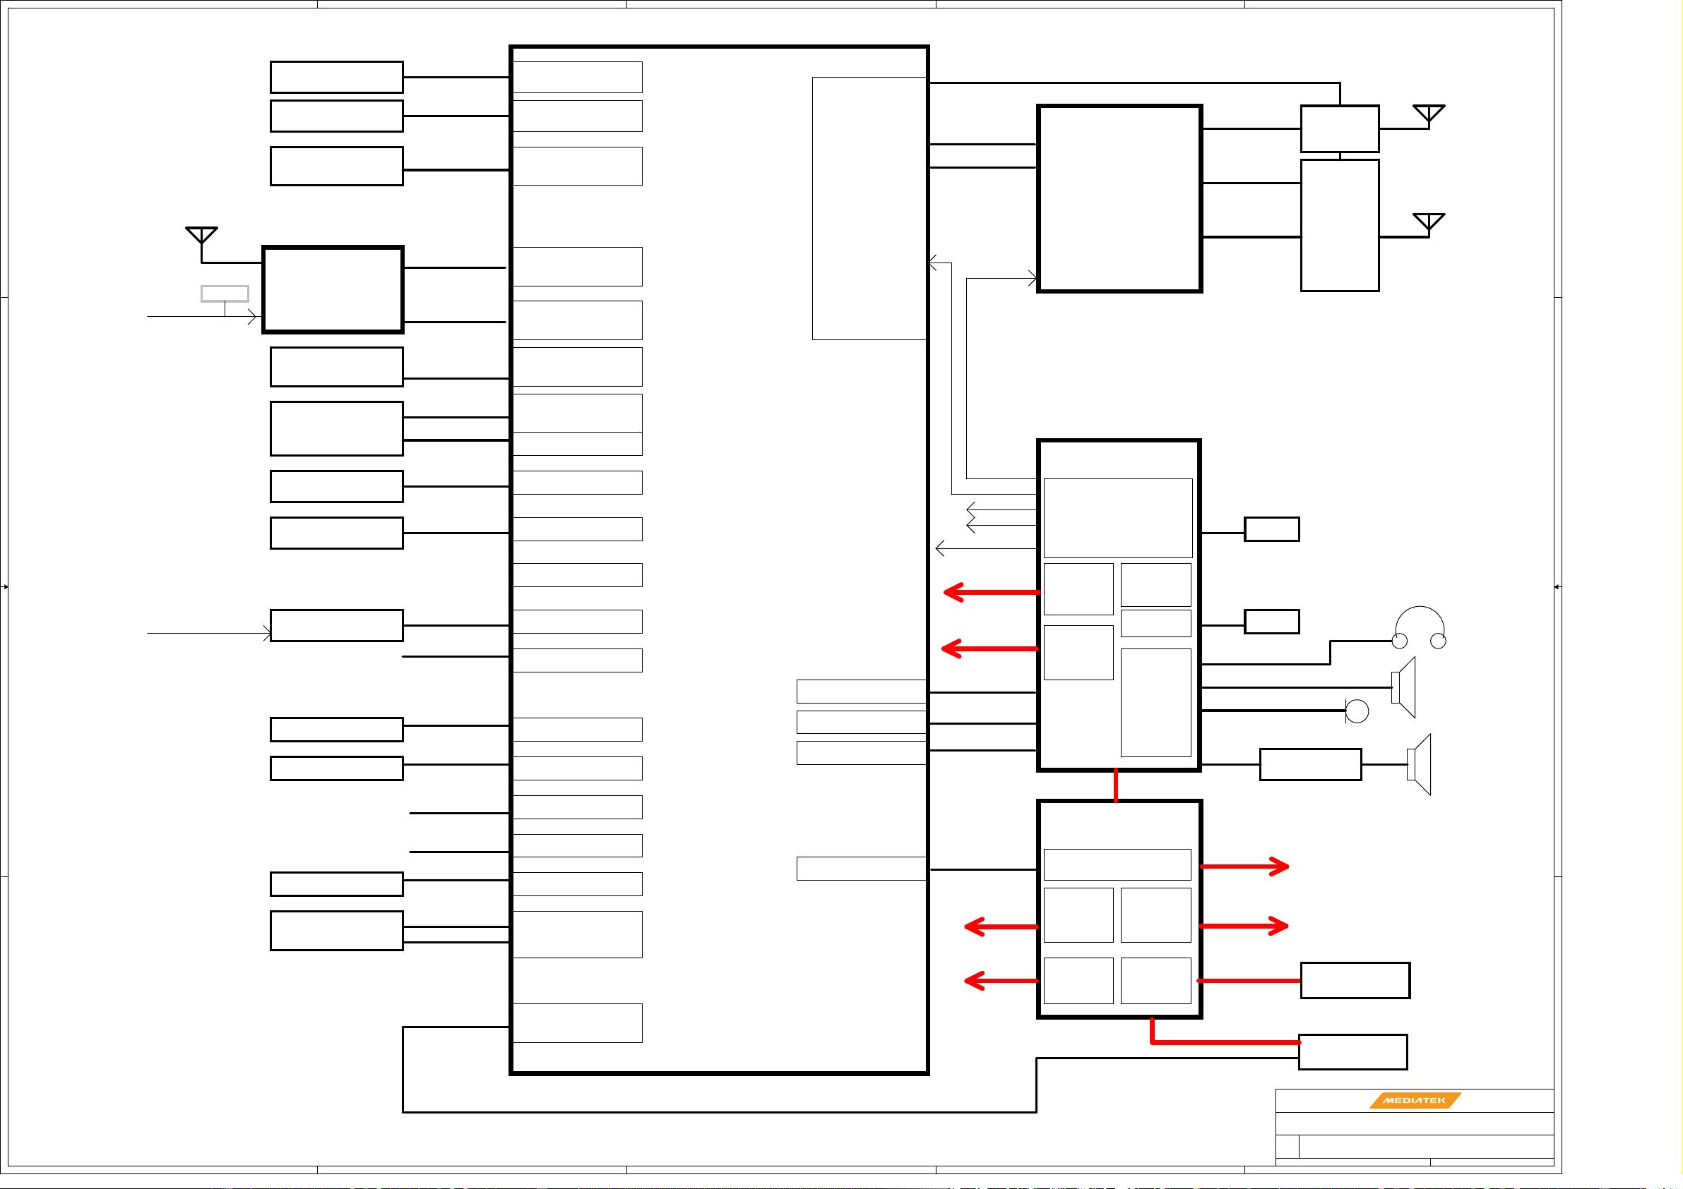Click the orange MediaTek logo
click(1415, 1100)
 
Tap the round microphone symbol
click(1357, 711)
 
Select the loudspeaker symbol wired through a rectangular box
click(1420, 764)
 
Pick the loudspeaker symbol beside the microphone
click(1404, 687)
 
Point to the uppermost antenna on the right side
click(1429, 115)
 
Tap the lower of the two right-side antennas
click(1429, 223)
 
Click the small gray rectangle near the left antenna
click(225, 294)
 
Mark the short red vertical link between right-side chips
click(1116, 785)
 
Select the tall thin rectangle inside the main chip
click(869, 208)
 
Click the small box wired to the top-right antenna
click(1339, 129)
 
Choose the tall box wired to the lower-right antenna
click(1339, 226)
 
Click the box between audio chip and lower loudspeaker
click(1310, 764)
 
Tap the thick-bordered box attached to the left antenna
click(333, 289)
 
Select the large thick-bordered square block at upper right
click(1119, 198)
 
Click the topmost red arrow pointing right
click(1245, 867)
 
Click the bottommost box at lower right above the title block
click(1352, 1052)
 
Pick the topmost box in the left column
click(336, 77)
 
